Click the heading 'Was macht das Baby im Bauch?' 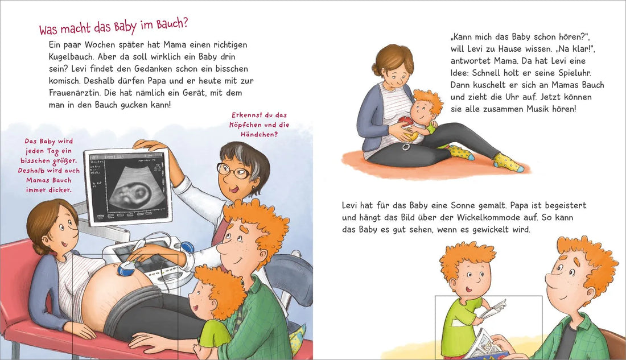(x=113, y=27)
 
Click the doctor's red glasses (x=233, y=169)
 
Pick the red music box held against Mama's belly (x=406, y=122)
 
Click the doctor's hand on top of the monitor (x=149, y=146)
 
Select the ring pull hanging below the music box (x=406, y=146)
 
